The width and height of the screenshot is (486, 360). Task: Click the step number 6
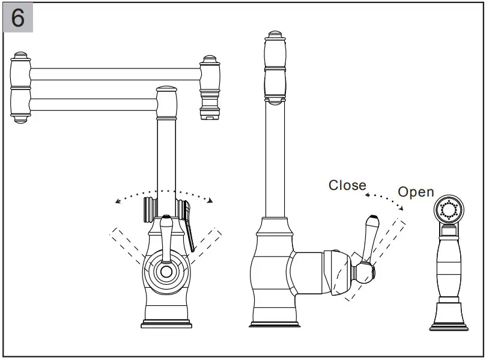[17, 18]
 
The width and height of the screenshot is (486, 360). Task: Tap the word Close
[347, 185]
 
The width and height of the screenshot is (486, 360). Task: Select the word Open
[416, 192]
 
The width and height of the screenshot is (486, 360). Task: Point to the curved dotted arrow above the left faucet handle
[165, 193]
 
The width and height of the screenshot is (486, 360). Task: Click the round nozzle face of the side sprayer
[449, 210]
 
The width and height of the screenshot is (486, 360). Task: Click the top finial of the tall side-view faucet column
[275, 37]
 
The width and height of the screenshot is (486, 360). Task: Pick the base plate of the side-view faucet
[275, 325]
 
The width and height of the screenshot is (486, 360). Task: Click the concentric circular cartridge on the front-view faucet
[166, 271]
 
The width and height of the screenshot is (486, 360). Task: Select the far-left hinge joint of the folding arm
[21, 87]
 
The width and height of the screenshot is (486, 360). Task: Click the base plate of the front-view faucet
[166, 325]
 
